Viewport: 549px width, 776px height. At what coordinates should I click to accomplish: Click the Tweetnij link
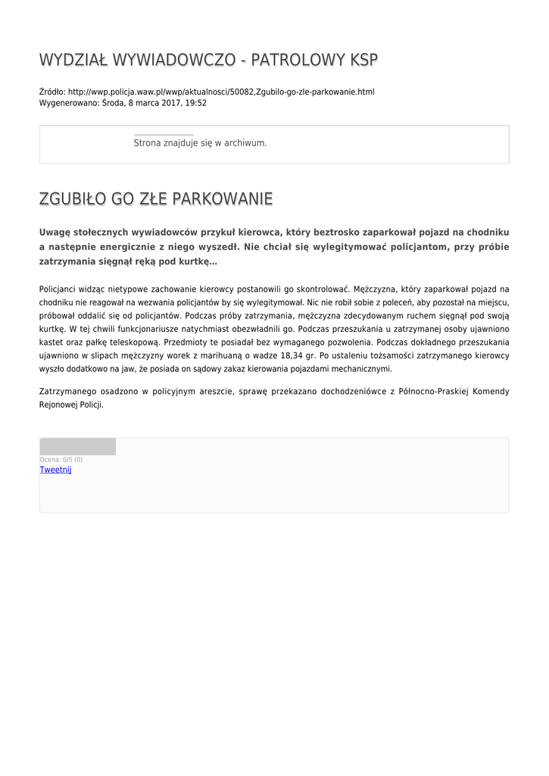coord(55,470)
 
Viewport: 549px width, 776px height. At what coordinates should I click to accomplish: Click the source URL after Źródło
coord(221,92)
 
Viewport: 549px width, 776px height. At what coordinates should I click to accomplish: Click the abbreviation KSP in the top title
coord(363,60)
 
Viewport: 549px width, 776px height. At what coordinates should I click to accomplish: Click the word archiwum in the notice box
coord(247,143)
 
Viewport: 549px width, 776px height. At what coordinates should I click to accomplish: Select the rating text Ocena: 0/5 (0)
coord(61,459)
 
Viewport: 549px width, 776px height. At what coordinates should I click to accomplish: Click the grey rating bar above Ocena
coord(77,446)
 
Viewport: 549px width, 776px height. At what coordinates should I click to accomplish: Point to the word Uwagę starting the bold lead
coord(55,232)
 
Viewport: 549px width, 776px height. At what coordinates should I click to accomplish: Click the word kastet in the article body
coord(51,343)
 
